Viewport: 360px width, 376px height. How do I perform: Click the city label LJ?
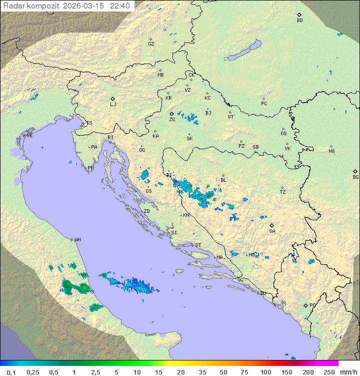(113, 105)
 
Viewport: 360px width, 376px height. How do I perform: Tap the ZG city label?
(172, 120)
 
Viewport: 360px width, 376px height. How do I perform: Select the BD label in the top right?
(299, 21)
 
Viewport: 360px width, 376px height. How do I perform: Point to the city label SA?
(272, 231)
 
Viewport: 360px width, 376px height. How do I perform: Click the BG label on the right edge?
(355, 177)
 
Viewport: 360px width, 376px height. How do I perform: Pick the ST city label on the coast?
(198, 245)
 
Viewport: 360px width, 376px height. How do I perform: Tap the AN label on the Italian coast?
(77, 240)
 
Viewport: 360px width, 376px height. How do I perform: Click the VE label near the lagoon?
(29, 136)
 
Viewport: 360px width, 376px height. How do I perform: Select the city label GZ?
(151, 44)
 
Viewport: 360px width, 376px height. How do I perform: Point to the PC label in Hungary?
(264, 104)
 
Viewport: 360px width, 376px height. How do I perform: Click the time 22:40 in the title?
(120, 6)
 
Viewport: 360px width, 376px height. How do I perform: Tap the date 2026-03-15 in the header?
(84, 6)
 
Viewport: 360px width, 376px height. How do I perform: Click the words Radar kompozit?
(31, 6)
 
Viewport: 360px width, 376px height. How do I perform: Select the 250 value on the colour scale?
(328, 372)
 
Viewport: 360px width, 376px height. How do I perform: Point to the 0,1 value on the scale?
(11, 372)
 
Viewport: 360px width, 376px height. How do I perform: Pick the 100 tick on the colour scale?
(265, 372)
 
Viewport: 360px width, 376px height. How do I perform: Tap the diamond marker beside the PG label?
(305, 305)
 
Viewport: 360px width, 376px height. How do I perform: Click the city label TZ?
(283, 192)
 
